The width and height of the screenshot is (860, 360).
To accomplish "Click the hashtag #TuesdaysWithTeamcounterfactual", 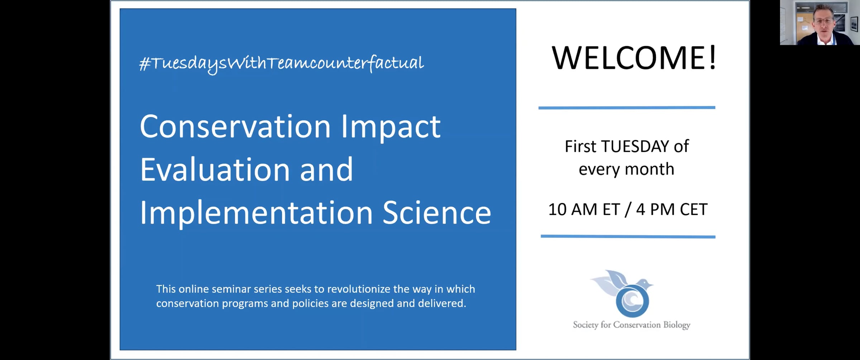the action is pyautogui.click(x=282, y=63).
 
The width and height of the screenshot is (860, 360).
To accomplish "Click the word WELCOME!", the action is pyautogui.click(x=634, y=58).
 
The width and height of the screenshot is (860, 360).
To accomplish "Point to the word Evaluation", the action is pyautogui.click(x=215, y=170).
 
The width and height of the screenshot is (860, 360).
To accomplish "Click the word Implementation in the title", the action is pyautogui.click(x=256, y=213).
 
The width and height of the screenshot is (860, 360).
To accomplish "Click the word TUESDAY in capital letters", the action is pyautogui.click(x=635, y=146).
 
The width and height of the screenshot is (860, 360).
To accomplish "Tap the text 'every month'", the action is pyautogui.click(x=626, y=169).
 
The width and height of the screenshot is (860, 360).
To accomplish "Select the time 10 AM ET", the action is pyautogui.click(x=584, y=209).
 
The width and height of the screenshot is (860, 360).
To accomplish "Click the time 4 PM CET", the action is pyautogui.click(x=672, y=209).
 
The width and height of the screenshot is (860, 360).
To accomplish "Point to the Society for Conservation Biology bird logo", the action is pyautogui.click(x=624, y=293).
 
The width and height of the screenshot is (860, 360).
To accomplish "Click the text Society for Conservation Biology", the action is pyautogui.click(x=631, y=325).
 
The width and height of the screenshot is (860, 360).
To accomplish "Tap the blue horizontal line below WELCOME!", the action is pyautogui.click(x=627, y=107).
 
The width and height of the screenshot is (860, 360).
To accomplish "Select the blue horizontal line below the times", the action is pyautogui.click(x=628, y=236).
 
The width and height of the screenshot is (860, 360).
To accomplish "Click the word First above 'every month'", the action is pyautogui.click(x=580, y=146).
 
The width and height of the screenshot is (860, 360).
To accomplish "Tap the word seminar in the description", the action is pyautogui.click(x=231, y=289).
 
